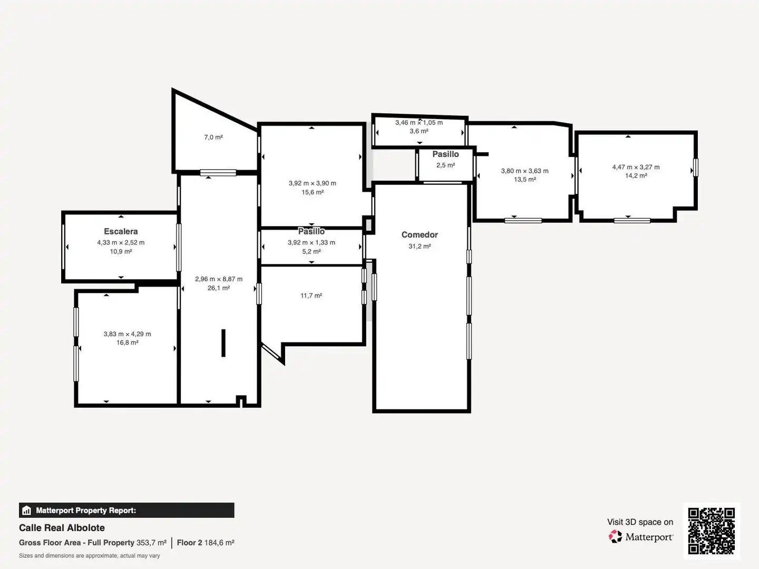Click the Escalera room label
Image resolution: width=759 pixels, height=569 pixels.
pos(121,231)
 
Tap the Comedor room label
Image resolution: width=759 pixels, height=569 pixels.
pos(420,235)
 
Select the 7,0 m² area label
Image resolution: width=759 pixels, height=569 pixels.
pos(213,137)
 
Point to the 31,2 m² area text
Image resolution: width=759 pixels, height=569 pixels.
pos(420,247)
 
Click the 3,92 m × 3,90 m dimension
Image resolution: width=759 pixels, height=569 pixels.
pos(312,183)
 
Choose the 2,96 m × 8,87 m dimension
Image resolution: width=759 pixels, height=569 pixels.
pos(219,279)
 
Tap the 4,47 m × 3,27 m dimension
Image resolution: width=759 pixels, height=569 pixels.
pos(636,167)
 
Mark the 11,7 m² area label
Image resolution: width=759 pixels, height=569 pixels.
pos(311,296)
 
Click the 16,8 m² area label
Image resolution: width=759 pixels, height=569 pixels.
pos(127,342)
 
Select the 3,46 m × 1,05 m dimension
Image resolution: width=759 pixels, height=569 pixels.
pos(419,122)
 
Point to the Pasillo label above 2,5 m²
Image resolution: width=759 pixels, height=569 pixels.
pos(445,154)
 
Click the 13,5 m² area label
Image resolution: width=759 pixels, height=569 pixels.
pos(525,179)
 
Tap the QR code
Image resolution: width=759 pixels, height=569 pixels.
pos(711,531)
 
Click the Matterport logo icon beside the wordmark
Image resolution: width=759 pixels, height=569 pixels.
pos(615,536)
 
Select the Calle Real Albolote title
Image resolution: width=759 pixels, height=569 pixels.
pos(62,528)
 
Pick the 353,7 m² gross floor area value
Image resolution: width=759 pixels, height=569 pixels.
pos(151,543)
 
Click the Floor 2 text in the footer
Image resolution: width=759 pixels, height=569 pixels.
pos(190,543)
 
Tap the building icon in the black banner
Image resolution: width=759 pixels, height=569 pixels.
pos(27,511)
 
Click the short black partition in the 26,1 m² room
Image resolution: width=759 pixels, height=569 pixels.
pos(223,343)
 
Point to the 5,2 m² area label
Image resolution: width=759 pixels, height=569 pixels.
pos(311,251)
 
